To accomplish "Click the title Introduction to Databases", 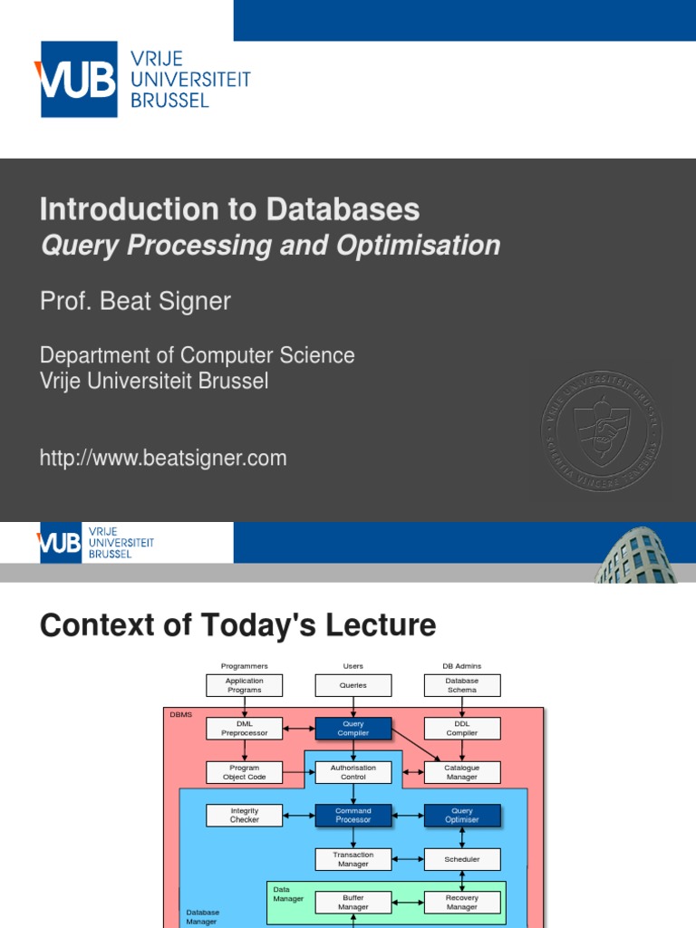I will [229, 209].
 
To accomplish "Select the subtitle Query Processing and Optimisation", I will [270, 246].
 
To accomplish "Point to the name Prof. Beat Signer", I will [135, 301].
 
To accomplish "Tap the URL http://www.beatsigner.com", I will [163, 459].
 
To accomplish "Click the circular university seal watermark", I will [602, 422].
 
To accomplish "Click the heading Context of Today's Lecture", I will [237, 625].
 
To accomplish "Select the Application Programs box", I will [244, 685].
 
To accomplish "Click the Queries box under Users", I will [353, 685].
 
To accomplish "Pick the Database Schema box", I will [461, 685].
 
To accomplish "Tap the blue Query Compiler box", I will [353, 729].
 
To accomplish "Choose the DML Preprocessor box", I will [244, 729].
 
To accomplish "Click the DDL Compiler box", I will [461, 729].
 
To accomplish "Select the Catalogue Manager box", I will [461, 772].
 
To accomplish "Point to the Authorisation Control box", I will [353, 772].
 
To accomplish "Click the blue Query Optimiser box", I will [461, 816].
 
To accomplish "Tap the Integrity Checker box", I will [244, 816].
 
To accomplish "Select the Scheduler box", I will [461, 859].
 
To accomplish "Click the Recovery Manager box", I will [461, 902].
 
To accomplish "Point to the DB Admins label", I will [461, 666].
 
